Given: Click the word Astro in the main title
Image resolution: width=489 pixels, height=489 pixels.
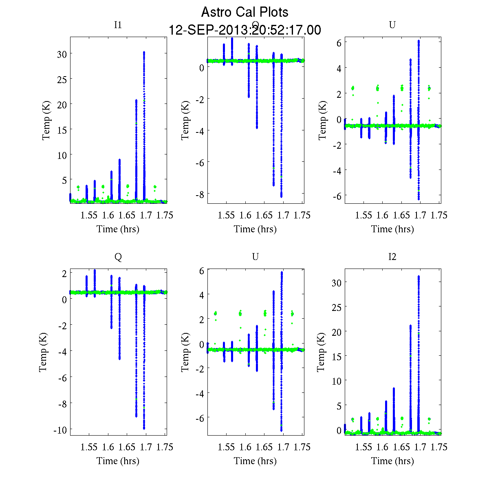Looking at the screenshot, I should [216, 12].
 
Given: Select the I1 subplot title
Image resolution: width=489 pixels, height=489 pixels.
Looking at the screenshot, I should [118, 25].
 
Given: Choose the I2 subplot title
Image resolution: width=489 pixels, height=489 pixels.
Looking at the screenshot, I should [392, 257].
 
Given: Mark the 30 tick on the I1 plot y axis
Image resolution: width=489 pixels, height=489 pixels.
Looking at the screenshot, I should [62, 54].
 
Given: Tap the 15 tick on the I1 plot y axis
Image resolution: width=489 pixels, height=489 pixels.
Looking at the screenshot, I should [62, 129].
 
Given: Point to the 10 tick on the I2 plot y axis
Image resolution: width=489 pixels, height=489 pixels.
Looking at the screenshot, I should [337, 380].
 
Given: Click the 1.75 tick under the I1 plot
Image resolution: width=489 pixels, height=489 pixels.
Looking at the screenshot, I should [165, 215].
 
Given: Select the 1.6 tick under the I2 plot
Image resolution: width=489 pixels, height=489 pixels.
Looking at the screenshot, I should [382, 447].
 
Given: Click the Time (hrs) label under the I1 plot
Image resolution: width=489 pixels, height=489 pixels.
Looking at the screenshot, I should [118, 229].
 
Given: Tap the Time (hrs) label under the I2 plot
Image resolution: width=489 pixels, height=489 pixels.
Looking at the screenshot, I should [392, 461].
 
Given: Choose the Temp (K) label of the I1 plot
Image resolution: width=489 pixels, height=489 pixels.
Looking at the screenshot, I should [46, 121].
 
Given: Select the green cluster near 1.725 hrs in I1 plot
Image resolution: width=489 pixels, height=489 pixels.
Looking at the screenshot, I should [155, 187].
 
